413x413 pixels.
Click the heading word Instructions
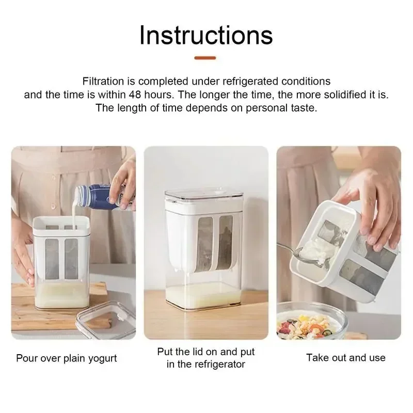point(206,35)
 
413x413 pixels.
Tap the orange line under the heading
point(206,58)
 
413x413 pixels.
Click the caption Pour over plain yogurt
point(67,358)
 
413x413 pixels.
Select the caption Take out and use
point(345,357)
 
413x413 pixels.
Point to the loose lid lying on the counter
point(106,323)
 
